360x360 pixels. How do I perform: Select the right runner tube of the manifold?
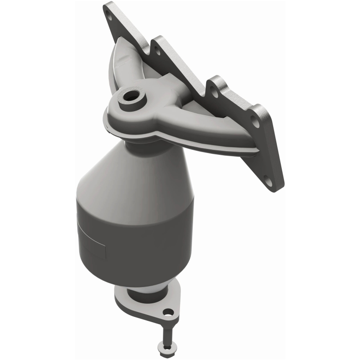coord(198,112)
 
